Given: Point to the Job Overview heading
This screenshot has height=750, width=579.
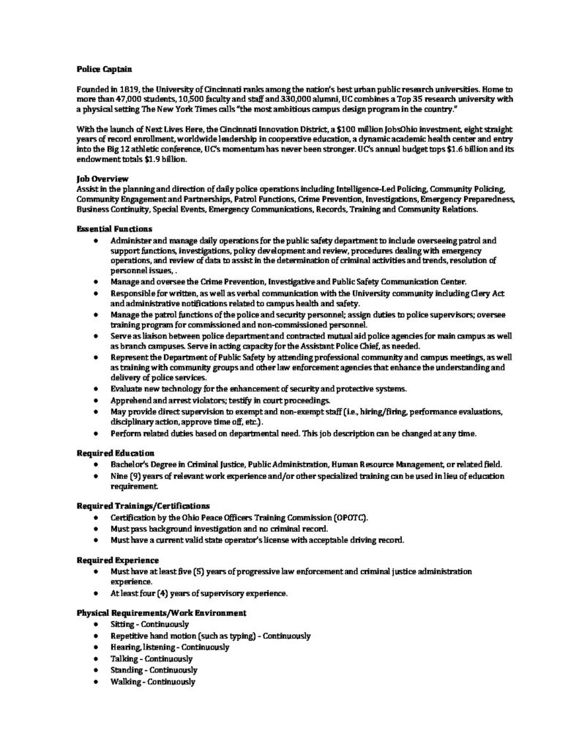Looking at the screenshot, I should [102, 178].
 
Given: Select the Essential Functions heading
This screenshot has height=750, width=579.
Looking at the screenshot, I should [113, 230].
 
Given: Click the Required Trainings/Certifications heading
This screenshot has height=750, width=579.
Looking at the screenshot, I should [143, 505].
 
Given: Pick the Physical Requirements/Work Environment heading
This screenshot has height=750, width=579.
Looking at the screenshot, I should [161, 612].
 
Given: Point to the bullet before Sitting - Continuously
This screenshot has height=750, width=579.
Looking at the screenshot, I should [97, 625].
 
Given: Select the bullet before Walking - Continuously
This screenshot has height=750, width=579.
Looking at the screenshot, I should [97, 682].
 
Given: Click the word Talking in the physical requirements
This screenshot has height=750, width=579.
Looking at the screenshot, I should [124, 658].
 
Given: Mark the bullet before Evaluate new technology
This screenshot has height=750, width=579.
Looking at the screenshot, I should [97, 388].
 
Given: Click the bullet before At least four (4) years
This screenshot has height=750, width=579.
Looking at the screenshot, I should [97, 593].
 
